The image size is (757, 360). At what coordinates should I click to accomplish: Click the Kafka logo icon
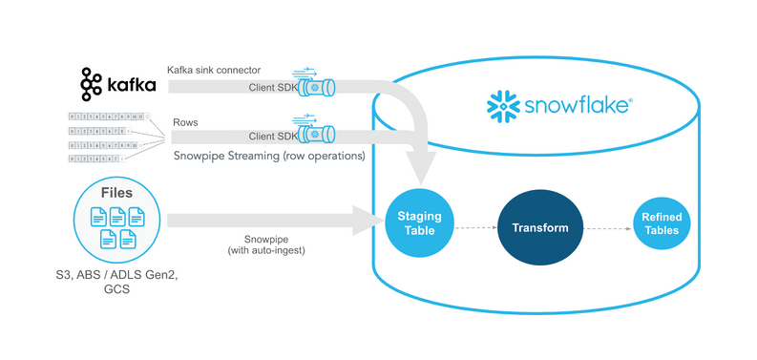pyautogui.click(x=92, y=85)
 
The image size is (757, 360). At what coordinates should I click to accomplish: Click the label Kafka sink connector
pyautogui.click(x=213, y=70)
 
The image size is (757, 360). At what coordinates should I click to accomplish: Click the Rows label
pyautogui.click(x=185, y=122)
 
